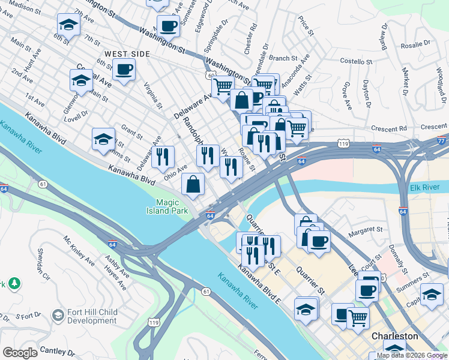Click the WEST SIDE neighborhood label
127,54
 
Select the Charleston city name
394,336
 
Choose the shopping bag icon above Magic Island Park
193,185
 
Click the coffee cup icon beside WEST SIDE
124,69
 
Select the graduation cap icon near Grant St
104,139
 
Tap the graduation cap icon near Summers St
431,294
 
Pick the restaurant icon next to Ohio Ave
163,157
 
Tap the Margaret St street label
366,229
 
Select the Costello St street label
357,61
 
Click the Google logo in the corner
20,353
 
